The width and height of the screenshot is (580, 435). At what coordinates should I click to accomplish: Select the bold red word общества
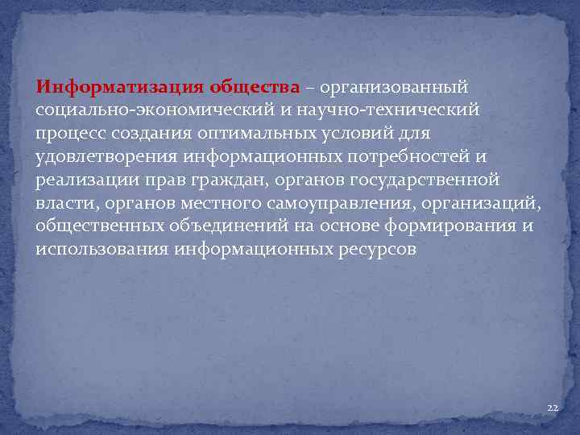[x=255, y=86]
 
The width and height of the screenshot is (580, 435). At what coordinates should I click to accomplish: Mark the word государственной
[x=423, y=180]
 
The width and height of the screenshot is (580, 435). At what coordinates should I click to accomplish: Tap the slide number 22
[x=552, y=409]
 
